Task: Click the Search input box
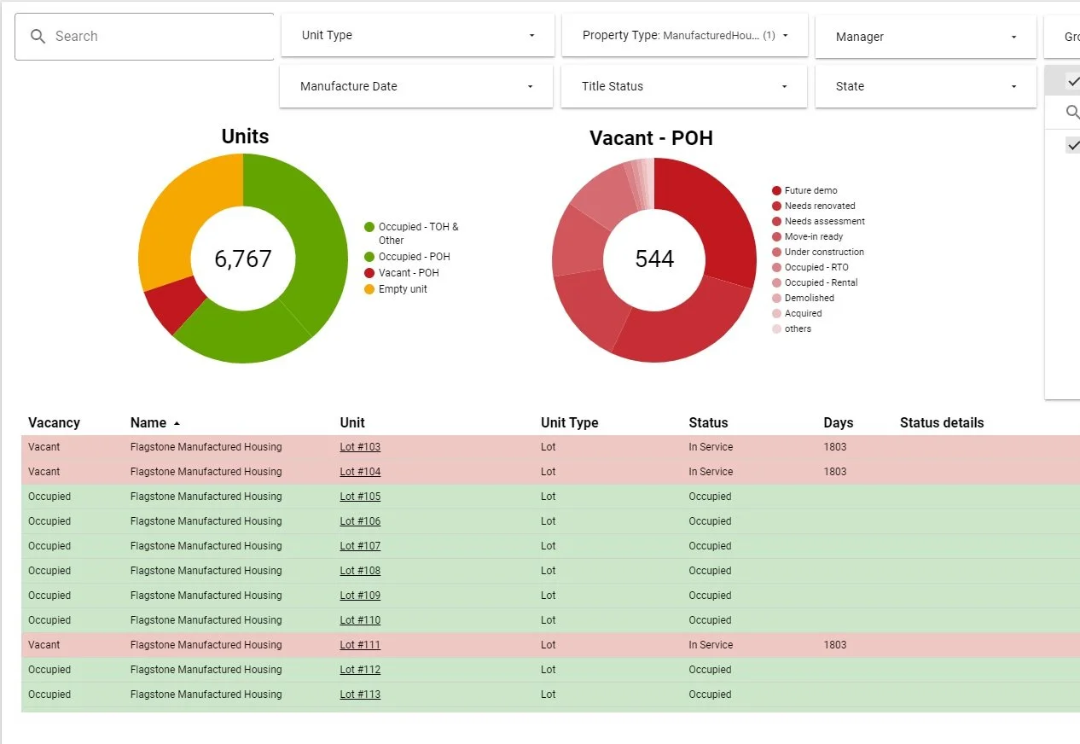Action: pyautogui.click(x=145, y=37)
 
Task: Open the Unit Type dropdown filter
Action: pyautogui.click(x=417, y=36)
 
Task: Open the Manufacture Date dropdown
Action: pyautogui.click(x=416, y=86)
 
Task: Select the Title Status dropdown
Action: pyautogui.click(x=683, y=86)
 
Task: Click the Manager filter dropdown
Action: pyautogui.click(x=926, y=37)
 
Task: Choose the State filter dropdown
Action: pyautogui.click(x=926, y=86)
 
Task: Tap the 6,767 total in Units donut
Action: pyautogui.click(x=243, y=259)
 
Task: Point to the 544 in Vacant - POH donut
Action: pyautogui.click(x=654, y=259)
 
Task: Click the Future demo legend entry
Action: pyautogui.click(x=810, y=190)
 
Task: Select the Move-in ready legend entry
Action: pyautogui.click(x=813, y=236)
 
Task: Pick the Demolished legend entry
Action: pyautogui.click(x=809, y=298)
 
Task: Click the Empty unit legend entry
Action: pyautogui.click(x=403, y=289)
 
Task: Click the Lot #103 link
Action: pyautogui.click(x=360, y=447)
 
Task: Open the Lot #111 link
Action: pyautogui.click(x=360, y=645)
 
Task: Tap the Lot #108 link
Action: pyautogui.click(x=360, y=571)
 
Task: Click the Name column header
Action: pyautogui.click(x=148, y=422)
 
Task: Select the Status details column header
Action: pyautogui.click(x=941, y=422)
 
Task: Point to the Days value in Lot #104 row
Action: pyautogui.click(x=834, y=472)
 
